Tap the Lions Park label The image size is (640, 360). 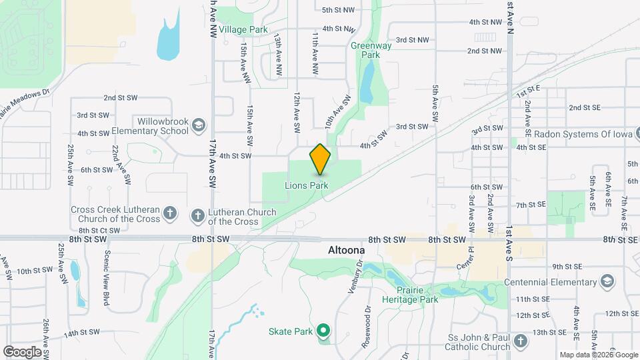pos(306,185)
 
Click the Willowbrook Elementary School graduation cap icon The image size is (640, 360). pos(198,125)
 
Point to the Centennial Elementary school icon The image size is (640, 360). pos(606,281)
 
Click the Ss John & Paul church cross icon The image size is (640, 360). pos(521,341)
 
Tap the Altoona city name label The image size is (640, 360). pos(347,250)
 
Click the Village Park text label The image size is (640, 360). pos(243,30)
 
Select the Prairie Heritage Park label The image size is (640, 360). pos(410,295)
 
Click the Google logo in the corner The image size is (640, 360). pos(22,351)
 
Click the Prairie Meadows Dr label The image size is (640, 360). pos(24,102)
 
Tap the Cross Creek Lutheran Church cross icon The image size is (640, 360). pos(171,214)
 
